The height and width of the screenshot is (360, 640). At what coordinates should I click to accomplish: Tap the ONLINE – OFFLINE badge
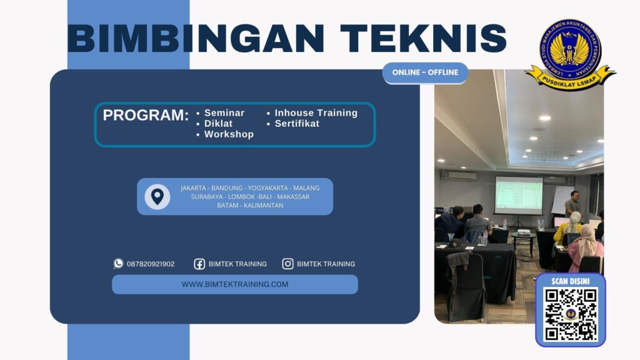[x=425, y=72]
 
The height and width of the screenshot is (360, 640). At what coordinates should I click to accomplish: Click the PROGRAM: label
[x=146, y=116]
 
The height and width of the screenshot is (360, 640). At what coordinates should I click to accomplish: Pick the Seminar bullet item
[x=224, y=113]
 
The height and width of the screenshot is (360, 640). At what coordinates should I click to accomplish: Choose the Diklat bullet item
[x=218, y=124]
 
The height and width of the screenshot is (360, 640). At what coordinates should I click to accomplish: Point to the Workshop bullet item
[x=229, y=134]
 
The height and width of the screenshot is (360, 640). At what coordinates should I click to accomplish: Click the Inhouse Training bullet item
[x=316, y=113]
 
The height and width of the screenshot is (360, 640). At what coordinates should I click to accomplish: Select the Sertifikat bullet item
[x=297, y=124]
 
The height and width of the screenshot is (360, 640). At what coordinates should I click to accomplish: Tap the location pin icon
[x=157, y=196]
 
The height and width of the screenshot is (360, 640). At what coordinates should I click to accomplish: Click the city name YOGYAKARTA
[x=269, y=188]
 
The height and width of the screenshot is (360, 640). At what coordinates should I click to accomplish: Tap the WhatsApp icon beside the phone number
[x=118, y=264]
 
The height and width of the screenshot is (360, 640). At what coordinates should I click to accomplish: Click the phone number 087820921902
[x=151, y=264]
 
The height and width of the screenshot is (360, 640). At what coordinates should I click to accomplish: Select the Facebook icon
[x=199, y=264]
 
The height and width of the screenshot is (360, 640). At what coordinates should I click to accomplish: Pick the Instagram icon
[x=287, y=264]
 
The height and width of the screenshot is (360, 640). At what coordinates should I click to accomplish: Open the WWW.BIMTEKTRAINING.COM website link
[x=235, y=284]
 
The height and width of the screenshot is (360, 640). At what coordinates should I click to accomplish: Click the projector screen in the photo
[x=518, y=195]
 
